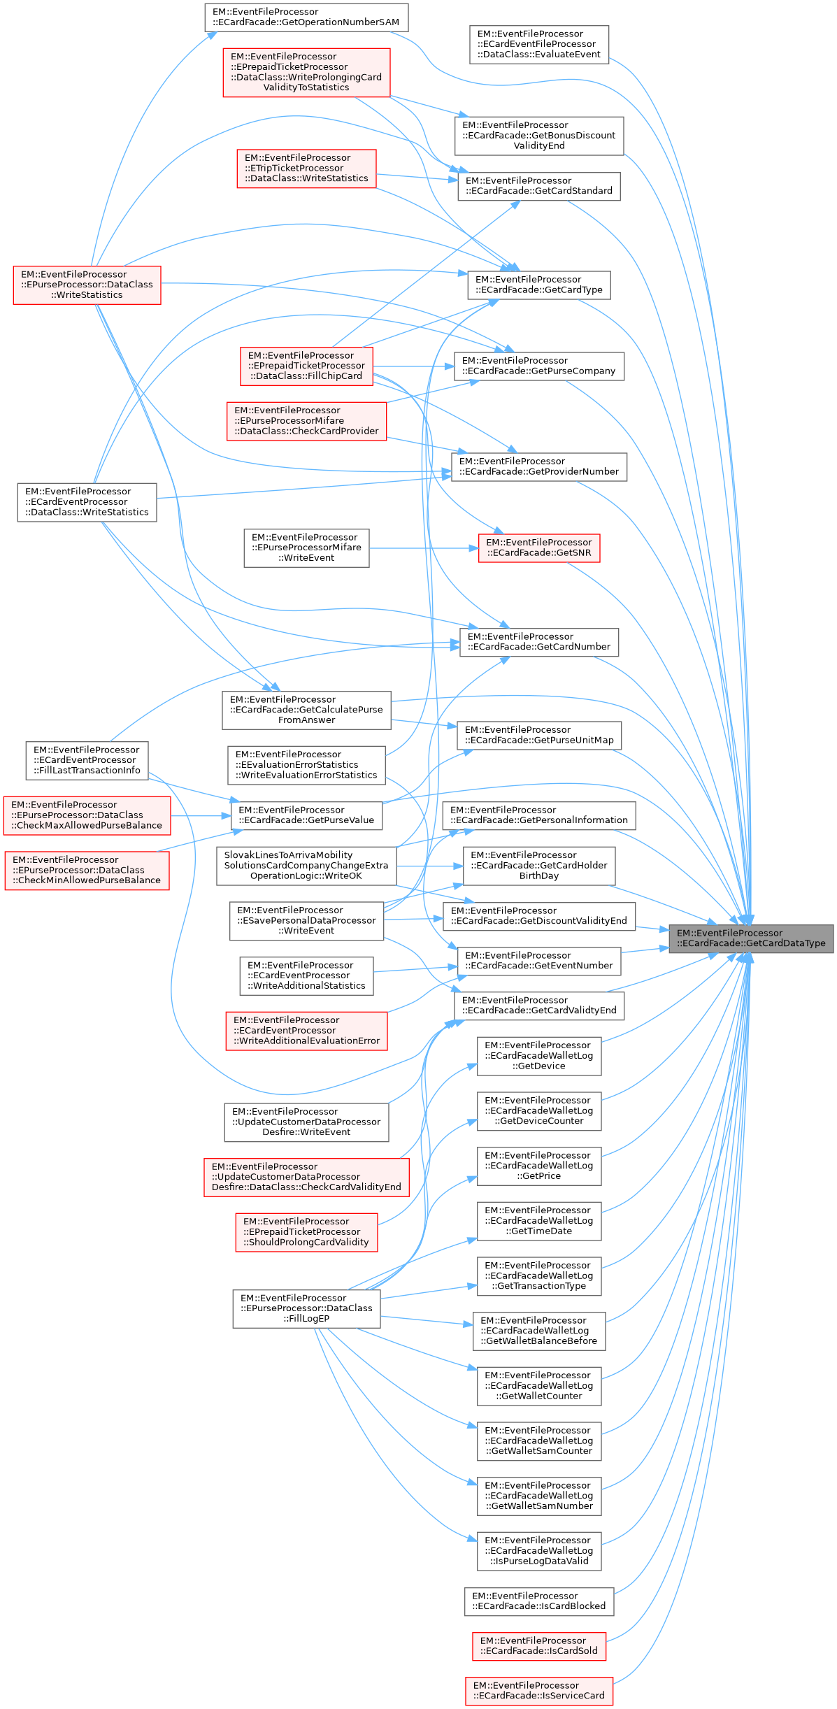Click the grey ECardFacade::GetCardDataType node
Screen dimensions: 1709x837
point(751,938)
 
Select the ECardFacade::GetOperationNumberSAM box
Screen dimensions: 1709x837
point(306,17)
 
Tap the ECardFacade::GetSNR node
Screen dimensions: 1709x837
point(538,548)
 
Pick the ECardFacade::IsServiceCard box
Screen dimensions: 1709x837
point(539,1691)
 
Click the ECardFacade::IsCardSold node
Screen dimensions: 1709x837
point(539,1646)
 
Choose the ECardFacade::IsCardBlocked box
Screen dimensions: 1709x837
point(539,1601)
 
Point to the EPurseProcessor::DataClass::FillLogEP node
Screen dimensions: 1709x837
point(306,1308)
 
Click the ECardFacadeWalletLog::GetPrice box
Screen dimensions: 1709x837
point(539,1166)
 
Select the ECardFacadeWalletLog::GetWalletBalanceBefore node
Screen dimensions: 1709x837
point(539,1331)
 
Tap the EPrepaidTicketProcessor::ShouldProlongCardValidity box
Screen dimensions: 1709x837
point(306,1232)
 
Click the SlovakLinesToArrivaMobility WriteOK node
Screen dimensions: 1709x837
point(306,866)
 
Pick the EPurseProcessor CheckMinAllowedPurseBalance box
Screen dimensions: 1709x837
point(87,871)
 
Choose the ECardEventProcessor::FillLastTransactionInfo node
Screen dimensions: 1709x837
point(87,760)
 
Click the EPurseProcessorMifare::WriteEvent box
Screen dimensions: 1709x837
point(306,548)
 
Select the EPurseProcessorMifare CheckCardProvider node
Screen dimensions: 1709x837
point(306,421)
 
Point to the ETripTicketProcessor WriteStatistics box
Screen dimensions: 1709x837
point(306,169)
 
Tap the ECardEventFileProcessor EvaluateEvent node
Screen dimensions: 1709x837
point(539,44)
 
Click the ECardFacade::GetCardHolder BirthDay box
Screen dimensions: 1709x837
point(539,866)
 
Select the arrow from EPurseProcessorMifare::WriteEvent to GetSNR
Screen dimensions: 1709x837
point(423,548)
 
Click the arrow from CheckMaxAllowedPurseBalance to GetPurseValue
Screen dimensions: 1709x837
point(201,816)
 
